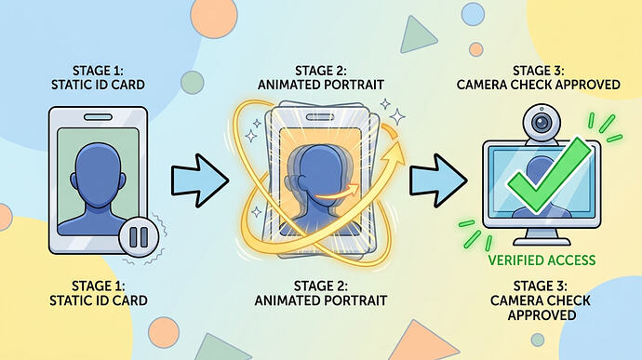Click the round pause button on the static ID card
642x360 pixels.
click(139, 236)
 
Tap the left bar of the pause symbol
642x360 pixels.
click(133, 237)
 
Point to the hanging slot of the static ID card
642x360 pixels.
click(98, 117)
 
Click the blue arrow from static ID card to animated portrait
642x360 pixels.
click(199, 180)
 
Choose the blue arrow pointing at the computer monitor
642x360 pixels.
click(438, 180)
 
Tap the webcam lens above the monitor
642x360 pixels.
click(542, 123)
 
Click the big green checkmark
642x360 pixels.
click(550, 176)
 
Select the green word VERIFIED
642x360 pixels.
click(515, 260)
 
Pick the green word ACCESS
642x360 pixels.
click(570, 260)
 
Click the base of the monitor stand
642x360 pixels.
click(542, 242)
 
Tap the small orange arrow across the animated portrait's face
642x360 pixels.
click(337, 193)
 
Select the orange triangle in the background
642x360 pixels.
click(421, 340)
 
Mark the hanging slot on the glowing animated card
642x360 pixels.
click(320, 117)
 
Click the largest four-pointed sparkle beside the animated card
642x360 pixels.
click(396, 116)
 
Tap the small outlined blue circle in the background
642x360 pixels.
click(473, 14)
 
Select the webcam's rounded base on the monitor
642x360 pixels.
click(542, 141)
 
